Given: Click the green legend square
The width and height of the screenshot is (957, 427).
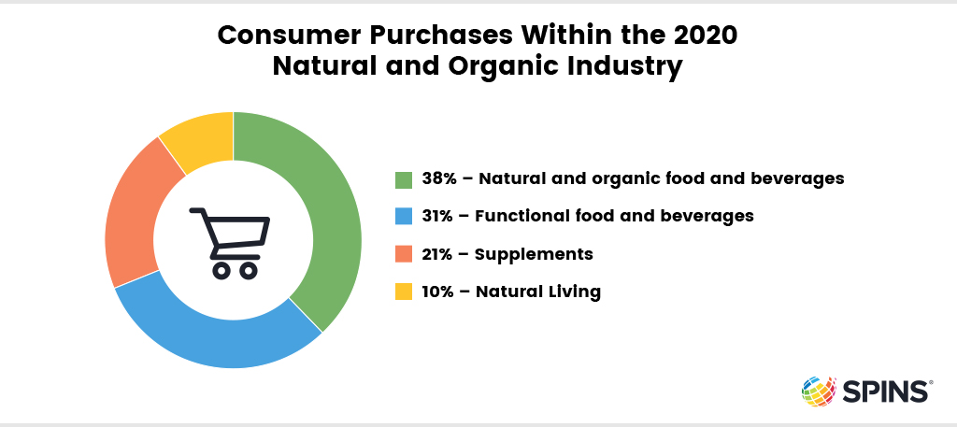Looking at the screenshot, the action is pos(404,180).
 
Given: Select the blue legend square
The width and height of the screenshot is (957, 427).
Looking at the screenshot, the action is pos(404,217).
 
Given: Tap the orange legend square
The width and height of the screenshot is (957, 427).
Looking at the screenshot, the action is pos(404,254).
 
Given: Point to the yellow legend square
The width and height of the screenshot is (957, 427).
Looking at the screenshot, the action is pos(404,292).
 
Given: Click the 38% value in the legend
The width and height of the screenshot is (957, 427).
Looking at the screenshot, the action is pos(437,179).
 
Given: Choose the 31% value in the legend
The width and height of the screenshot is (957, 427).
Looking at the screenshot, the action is pos(436,216).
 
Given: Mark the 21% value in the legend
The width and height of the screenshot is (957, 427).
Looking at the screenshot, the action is pos(436,254).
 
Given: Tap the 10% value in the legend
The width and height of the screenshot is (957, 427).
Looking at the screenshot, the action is pos(437,292).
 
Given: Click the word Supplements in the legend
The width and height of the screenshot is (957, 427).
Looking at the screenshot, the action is pos(534,255).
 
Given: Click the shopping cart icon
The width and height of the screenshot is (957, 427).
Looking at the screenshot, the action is pos(230,243).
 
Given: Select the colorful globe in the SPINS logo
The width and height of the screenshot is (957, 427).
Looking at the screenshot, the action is pos(819,391).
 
